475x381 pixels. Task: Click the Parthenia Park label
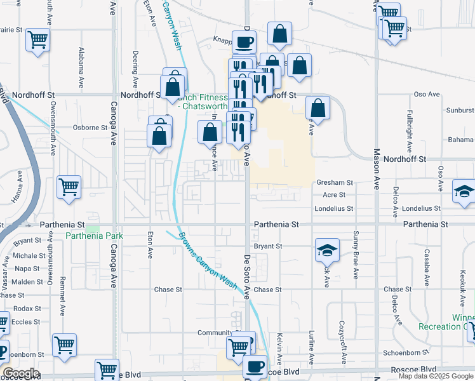tap(94, 236)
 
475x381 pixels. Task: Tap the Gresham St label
tap(334, 183)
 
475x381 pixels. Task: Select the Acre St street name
tap(334, 195)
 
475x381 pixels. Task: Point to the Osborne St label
tap(90, 127)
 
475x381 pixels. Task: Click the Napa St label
tap(27, 269)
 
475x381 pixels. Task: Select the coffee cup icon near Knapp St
tap(244, 43)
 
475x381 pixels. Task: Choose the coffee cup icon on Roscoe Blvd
tap(255, 366)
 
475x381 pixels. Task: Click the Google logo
tap(21, 373)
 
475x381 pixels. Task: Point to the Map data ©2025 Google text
tap(435, 376)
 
